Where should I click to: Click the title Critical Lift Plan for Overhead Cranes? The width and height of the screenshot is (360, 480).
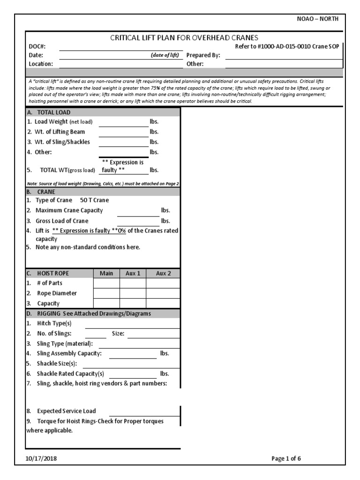184,38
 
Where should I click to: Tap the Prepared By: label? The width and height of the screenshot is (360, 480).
203,55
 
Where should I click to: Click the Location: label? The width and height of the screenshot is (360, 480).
40,64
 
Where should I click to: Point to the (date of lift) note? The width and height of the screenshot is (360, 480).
165,55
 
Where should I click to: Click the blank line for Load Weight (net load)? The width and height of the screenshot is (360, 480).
123,122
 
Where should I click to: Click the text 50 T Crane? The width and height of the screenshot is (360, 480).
94,200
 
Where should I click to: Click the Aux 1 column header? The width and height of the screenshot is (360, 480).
133,273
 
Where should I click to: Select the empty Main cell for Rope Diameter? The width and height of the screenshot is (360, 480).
106,293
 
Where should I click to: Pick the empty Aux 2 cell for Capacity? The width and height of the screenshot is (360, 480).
163,303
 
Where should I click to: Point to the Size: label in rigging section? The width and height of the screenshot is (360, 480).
118,334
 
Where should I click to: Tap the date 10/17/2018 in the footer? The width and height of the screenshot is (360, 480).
43,458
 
